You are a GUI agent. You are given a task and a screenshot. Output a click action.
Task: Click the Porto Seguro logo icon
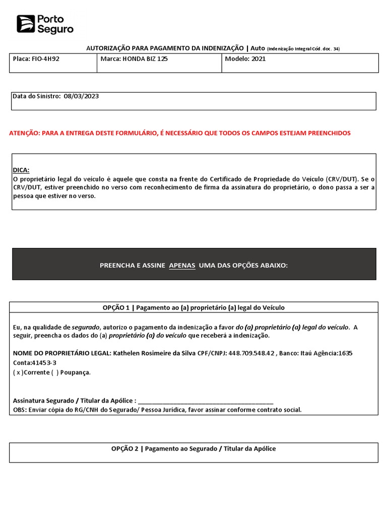[25, 24]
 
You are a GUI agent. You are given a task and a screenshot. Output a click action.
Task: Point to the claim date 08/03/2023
[81, 97]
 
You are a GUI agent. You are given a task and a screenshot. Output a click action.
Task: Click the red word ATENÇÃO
[24, 133]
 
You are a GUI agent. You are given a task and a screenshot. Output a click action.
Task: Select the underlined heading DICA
[21, 170]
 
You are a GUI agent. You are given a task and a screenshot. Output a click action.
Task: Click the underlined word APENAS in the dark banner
[182, 266]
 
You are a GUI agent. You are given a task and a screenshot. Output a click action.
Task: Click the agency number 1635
[345, 353]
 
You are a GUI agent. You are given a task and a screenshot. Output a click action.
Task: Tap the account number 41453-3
[45, 363]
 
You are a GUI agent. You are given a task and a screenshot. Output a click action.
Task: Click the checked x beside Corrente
[19, 372]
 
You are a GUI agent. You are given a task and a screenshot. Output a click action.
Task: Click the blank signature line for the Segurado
[205, 401]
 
